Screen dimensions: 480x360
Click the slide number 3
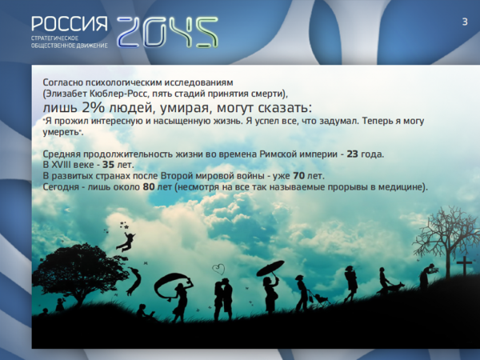(465, 22)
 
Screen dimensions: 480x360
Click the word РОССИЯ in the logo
(70, 24)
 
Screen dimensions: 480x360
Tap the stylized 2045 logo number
(167, 32)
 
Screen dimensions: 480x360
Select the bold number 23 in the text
(352, 154)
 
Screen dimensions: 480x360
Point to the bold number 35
(108, 165)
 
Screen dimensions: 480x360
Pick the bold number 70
(298, 176)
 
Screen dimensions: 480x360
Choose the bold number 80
(149, 186)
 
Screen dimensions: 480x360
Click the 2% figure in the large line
(93, 107)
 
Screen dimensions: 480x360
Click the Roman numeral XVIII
(62, 165)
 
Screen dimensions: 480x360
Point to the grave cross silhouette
(464, 266)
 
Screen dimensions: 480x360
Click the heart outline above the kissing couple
(218, 270)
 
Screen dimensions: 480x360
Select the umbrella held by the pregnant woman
(270, 268)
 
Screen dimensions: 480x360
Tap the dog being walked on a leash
(397, 287)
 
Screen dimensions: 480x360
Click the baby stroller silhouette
(321, 298)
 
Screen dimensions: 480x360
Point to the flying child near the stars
(126, 242)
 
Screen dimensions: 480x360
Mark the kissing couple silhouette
(223, 298)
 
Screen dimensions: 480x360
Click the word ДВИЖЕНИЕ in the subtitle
(94, 46)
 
